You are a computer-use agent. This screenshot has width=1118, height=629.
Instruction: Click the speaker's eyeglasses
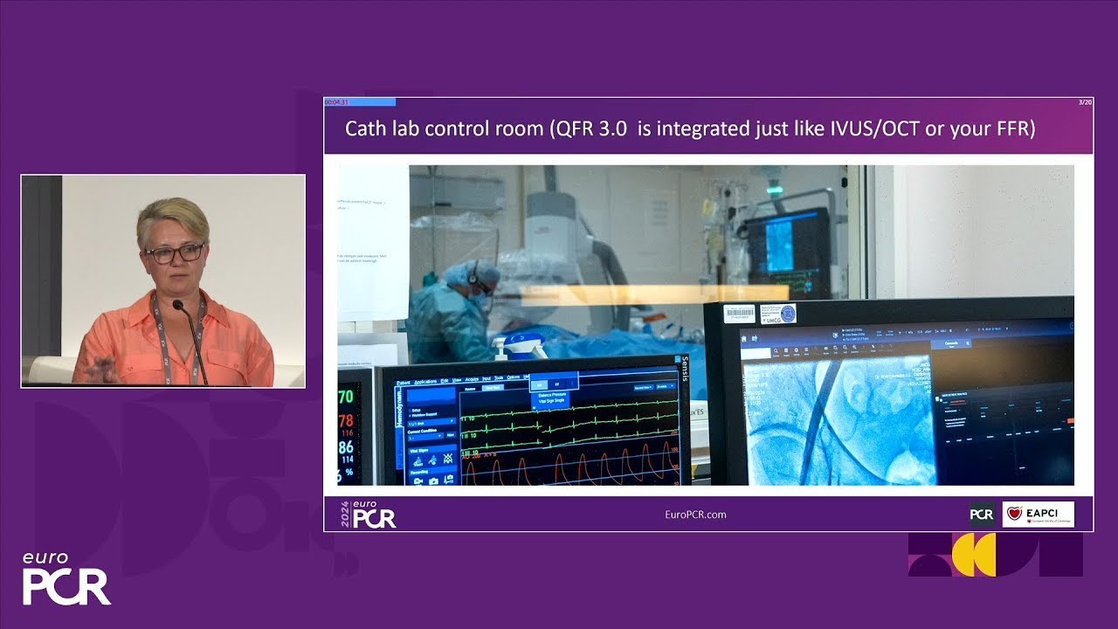coord(174,253)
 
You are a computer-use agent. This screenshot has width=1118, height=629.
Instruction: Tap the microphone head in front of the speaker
coord(179,306)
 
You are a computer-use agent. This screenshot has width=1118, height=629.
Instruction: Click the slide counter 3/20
coord(1085,102)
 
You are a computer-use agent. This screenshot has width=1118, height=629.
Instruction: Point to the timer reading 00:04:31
coord(337,102)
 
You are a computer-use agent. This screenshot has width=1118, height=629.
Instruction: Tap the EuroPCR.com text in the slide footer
coord(695,515)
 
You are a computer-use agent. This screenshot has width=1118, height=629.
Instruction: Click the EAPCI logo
coord(1038,515)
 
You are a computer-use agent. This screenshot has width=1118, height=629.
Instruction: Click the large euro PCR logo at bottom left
coord(66,579)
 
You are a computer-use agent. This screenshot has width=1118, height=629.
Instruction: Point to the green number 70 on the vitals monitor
coord(347,397)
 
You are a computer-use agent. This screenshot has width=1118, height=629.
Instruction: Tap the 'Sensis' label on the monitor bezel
coord(685,370)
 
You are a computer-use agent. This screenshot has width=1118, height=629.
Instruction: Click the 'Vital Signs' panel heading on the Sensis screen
coord(418,450)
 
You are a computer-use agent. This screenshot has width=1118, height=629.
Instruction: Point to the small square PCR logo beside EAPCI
coord(982,515)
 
